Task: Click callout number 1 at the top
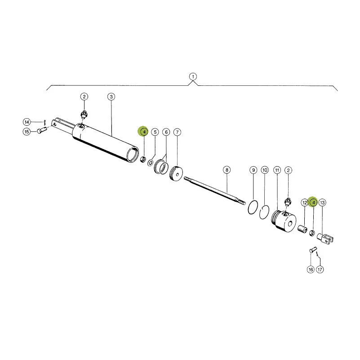click(193, 76)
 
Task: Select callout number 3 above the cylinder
click(111, 97)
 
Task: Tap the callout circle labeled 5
click(155, 132)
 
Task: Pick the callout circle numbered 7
click(177, 132)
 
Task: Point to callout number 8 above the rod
click(227, 170)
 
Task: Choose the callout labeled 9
click(253, 170)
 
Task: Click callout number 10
click(265, 170)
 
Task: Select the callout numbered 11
click(277, 170)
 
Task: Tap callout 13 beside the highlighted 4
click(322, 203)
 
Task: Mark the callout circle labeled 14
click(27, 122)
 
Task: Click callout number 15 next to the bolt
click(27, 132)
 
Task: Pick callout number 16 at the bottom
click(311, 269)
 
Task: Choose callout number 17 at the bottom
click(320, 269)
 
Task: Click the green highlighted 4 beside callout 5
click(143, 132)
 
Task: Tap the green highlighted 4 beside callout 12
click(313, 202)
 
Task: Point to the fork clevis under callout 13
click(325, 238)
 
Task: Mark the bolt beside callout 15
click(42, 130)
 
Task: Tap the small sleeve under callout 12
click(302, 229)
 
